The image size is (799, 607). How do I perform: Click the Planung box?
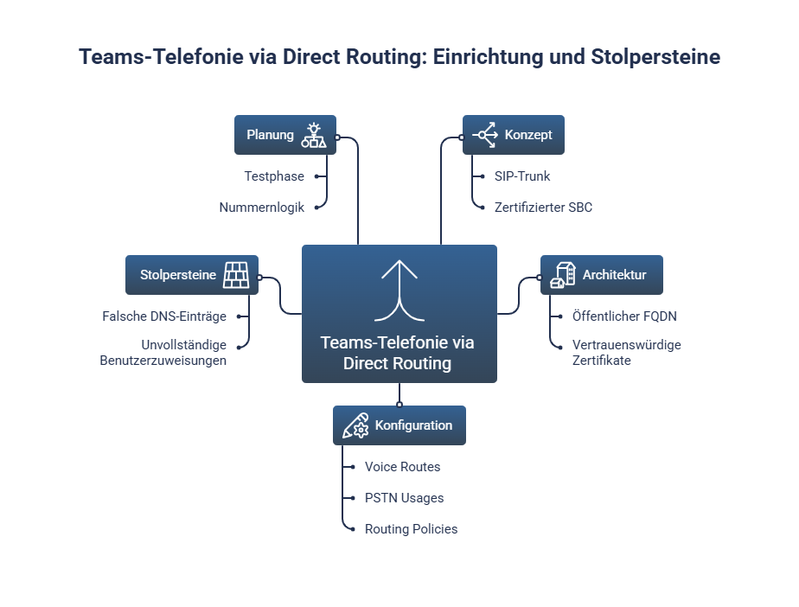284,135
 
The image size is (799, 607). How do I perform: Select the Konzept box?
513,135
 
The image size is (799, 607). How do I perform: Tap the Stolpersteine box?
191,275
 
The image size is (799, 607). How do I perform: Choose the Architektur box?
601,275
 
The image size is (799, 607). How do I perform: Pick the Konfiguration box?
399,425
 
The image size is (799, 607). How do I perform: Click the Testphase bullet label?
274,176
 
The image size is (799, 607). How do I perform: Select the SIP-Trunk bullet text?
522,176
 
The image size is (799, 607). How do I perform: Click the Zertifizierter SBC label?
543,208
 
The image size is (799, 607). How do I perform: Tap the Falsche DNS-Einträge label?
164,316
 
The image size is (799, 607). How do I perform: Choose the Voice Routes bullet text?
402,467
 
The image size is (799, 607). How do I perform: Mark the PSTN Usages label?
404,498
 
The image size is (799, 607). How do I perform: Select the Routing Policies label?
411,529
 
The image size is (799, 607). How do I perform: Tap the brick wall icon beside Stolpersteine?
236,275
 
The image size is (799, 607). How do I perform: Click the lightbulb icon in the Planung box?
313,135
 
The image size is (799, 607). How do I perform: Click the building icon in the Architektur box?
562,275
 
